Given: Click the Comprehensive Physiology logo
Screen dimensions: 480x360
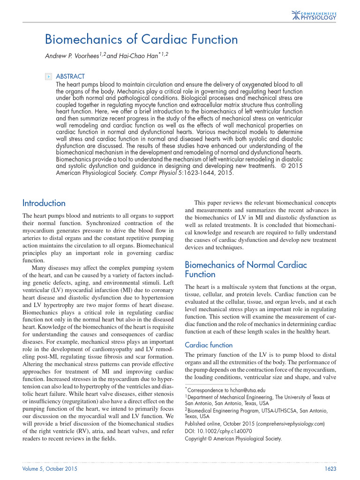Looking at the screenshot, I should tap(314, 15).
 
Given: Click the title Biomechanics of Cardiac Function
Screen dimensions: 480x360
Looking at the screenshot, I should tap(141, 39).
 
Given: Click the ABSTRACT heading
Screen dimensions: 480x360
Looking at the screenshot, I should tap(70, 76).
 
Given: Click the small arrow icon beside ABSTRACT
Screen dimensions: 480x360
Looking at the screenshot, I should tap(48, 76).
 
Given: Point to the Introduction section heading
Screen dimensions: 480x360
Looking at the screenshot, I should tap(44, 203).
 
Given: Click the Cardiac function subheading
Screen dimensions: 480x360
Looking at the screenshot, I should tap(209, 345).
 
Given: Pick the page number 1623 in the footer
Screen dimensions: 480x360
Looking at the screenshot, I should tap(330, 469).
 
